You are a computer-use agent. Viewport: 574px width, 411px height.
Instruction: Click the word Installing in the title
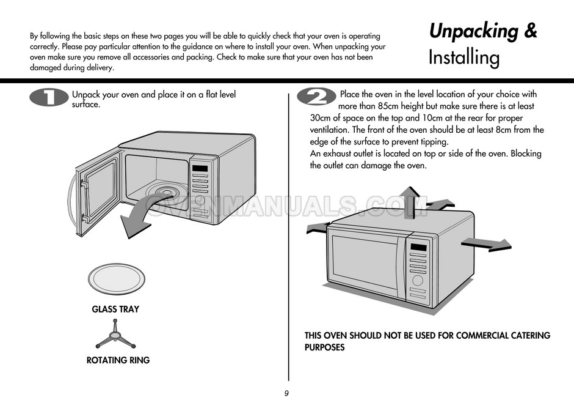[x=464, y=57]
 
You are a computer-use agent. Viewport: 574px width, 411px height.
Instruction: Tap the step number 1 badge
[x=49, y=97]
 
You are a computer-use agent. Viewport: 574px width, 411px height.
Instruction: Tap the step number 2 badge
[x=316, y=97]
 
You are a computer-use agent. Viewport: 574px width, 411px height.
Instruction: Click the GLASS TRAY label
[x=115, y=309]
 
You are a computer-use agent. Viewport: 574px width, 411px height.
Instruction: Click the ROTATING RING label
[x=118, y=360]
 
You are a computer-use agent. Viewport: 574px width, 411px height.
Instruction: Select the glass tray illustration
[x=117, y=279]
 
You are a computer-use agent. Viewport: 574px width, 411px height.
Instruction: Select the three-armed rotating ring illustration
[x=115, y=335]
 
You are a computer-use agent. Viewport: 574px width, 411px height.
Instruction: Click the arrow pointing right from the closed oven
[x=487, y=244]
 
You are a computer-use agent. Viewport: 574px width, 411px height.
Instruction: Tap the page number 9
[x=286, y=393]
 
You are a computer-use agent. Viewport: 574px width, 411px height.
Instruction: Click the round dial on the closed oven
[x=418, y=280]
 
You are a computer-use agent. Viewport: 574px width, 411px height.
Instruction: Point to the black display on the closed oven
[x=418, y=247]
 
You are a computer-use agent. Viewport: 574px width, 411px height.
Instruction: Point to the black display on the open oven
[x=200, y=169]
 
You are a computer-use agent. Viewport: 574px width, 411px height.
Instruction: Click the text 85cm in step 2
[x=388, y=106]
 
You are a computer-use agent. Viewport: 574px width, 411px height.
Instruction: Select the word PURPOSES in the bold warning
[x=325, y=347]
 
